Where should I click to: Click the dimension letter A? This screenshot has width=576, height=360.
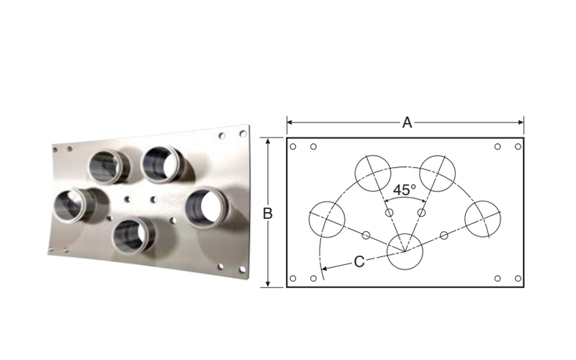click(x=407, y=122)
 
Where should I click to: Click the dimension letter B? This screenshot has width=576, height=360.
click(x=268, y=214)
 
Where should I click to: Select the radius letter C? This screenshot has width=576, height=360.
click(x=359, y=262)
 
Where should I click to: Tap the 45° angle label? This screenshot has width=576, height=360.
click(x=405, y=190)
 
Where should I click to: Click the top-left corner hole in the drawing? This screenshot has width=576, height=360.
click(x=293, y=147)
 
